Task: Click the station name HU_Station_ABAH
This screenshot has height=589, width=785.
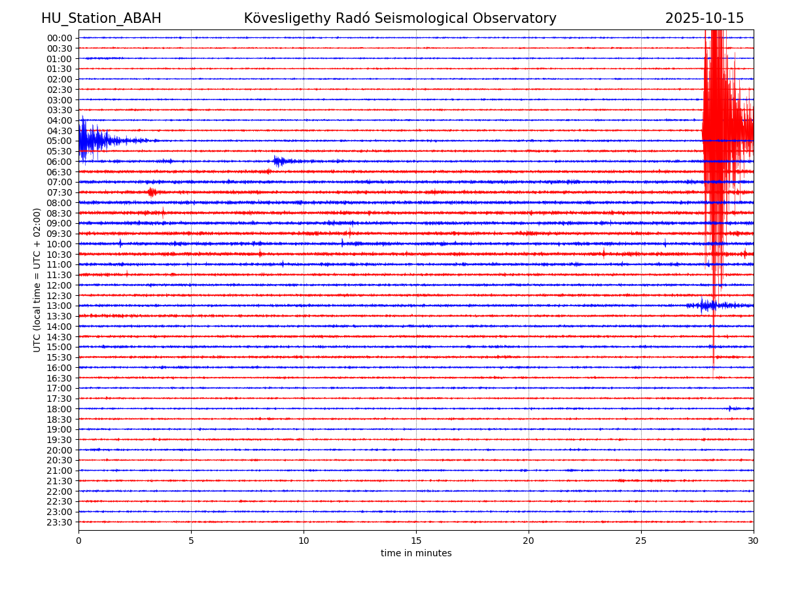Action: [101, 18]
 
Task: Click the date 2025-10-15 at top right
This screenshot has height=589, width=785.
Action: [704, 18]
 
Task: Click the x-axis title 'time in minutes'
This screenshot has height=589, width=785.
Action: [416, 554]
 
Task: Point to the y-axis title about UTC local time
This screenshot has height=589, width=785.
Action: [37, 279]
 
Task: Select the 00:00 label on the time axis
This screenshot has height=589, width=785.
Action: [60, 38]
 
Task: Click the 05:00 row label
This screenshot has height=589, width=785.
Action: [60, 141]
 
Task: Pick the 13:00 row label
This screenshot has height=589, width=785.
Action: [60, 306]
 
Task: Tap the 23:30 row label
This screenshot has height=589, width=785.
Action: [60, 522]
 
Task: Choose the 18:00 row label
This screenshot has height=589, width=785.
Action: [60, 409]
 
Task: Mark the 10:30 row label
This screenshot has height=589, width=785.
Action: [60, 255]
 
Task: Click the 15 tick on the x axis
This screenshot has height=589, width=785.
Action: [416, 541]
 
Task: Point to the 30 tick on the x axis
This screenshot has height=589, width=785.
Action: [754, 541]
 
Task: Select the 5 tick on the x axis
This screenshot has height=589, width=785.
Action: [191, 541]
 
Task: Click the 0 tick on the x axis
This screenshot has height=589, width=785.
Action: [78, 541]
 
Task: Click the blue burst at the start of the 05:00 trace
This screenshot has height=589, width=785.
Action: [92, 140]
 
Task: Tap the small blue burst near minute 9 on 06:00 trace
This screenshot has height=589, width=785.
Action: [280, 161]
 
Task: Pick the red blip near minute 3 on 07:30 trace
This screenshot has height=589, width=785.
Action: [152, 192]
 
